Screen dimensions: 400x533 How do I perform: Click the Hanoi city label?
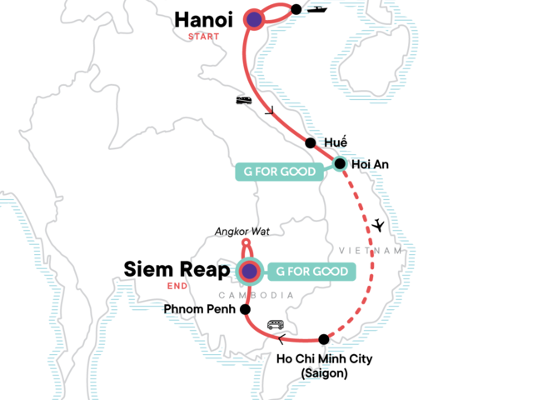coord(204,20)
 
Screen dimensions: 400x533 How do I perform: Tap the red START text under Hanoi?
coord(204,37)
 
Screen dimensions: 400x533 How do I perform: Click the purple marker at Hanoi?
coord(253,19)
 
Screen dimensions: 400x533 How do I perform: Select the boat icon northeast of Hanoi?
coord(318,10)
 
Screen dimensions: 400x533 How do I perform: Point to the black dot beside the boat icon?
coord(296,10)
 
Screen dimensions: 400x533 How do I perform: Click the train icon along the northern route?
coord(244,101)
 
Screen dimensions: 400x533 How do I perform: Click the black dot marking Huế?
coord(311,142)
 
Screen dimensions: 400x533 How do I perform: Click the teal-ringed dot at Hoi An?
coord(340,164)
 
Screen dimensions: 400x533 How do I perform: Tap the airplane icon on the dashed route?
coord(380,225)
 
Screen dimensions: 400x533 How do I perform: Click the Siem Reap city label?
coord(178,269)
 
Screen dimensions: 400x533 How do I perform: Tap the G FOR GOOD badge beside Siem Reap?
coord(310,271)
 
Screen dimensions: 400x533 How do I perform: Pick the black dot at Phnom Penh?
coord(245,309)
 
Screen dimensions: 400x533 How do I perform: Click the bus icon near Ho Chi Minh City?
coord(274,325)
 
